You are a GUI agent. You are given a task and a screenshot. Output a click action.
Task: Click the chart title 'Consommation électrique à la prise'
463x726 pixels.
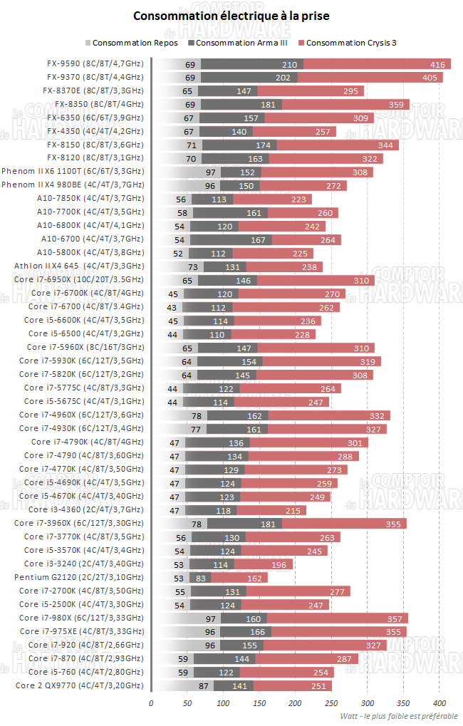point(231,15)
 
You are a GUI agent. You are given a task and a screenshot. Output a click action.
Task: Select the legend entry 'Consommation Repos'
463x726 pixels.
point(135,43)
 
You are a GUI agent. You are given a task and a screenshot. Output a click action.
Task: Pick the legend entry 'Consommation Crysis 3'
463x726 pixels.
point(350,43)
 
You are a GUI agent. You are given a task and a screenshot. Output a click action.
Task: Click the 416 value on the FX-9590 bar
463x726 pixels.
point(437,64)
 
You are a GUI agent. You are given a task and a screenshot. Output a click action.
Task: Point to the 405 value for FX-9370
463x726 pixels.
point(430,77)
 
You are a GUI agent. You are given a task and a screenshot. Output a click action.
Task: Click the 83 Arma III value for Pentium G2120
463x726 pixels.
point(202,577)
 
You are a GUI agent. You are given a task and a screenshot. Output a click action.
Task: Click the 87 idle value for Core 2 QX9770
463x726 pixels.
point(204,685)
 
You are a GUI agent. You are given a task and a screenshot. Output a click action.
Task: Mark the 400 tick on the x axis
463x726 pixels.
point(439,703)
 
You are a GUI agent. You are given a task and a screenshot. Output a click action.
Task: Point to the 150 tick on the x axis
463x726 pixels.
point(259,703)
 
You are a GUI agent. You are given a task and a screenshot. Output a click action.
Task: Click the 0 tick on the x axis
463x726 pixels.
point(151,703)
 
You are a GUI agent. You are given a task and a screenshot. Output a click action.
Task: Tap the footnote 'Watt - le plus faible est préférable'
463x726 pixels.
point(399,715)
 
